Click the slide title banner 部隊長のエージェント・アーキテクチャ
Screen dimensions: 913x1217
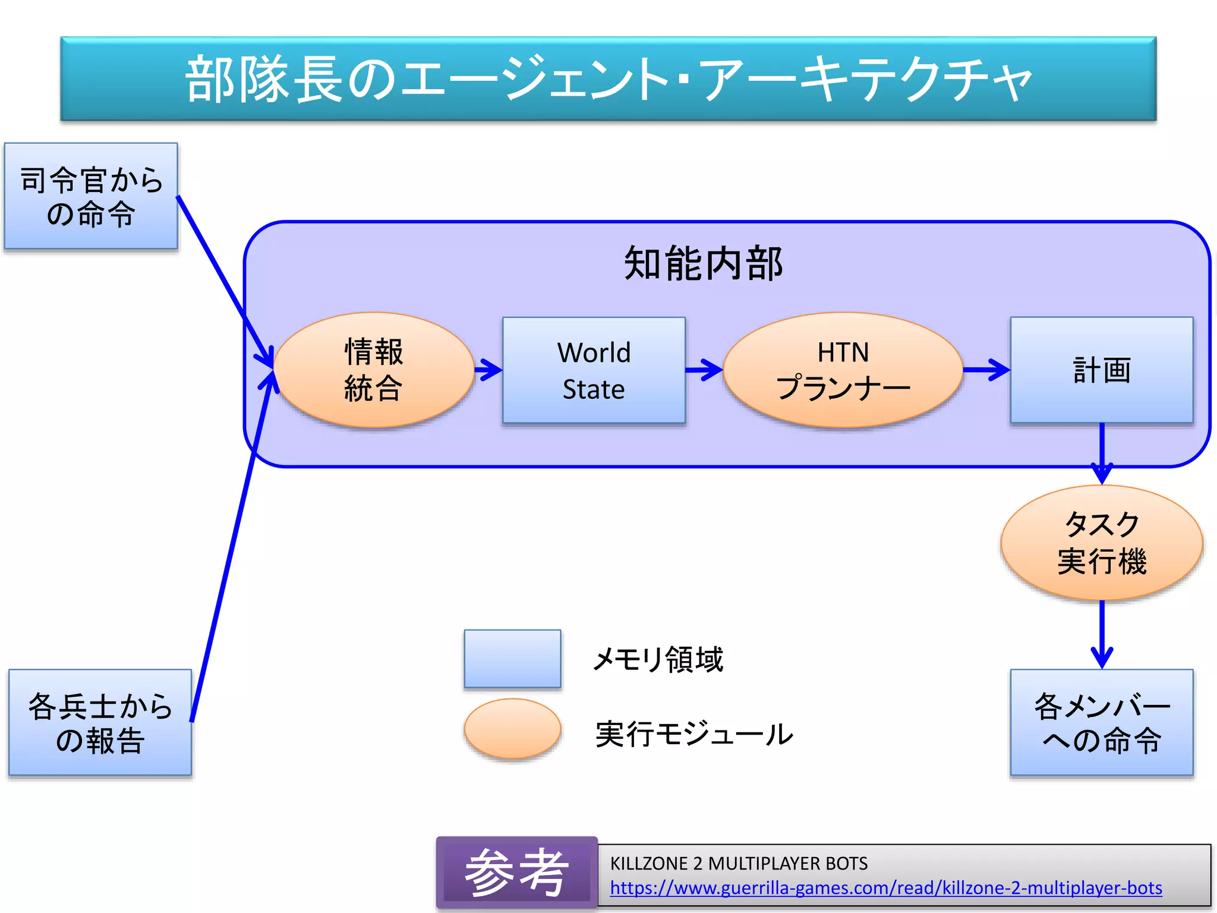pos(608,79)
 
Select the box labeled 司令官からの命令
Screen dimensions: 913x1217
pos(91,196)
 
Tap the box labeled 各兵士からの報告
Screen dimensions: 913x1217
pos(100,723)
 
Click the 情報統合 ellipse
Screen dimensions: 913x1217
pos(374,370)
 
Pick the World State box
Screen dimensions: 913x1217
pos(594,370)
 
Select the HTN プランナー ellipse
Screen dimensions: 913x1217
pos(843,370)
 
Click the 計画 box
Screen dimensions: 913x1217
pos(1101,370)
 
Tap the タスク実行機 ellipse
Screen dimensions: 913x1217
pos(1101,543)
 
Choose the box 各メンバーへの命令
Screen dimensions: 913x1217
pos(1101,723)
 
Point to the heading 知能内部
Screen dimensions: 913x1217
pos(703,263)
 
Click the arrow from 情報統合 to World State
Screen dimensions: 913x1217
pos(488,370)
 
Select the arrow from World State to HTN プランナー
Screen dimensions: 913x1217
pos(704,370)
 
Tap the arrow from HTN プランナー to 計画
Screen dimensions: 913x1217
pos(986,370)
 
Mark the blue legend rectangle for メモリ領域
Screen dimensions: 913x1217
pos(512,659)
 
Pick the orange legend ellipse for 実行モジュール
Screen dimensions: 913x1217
pos(512,729)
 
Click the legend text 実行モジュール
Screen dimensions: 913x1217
pos(694,735)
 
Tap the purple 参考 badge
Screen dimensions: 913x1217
pos(516,872)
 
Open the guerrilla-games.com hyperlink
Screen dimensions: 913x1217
pos(885,888)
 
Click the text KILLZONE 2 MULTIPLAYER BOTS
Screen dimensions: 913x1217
pos(739,863)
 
